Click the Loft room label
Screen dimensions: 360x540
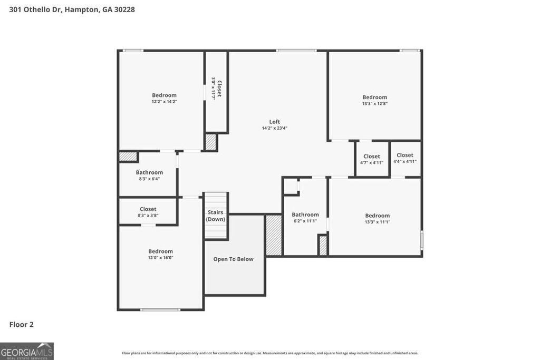tap(274, 122)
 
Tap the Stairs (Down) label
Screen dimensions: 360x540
tap(215, 216)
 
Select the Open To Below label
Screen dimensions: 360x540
tap(233, 259)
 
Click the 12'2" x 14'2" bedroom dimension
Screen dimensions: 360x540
tap(165, 102)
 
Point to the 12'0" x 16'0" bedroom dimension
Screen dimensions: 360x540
tap(160, 258)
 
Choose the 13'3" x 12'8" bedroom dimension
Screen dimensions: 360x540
tap(374, 103)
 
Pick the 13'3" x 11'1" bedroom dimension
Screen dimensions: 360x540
tap(378, 222)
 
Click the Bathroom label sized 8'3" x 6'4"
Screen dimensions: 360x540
tap(149, 172)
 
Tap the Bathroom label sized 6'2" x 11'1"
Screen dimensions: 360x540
tap(305, 215)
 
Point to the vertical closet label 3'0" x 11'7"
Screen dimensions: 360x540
tap(216, 89)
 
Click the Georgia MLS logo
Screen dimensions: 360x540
tap(27, 351)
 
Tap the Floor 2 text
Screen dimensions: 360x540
tap(22, 325)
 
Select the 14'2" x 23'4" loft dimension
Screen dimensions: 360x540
tap(274, 128)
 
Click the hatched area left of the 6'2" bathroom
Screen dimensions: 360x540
tap(274, 235)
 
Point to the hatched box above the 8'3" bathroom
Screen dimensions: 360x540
tap(128, 157)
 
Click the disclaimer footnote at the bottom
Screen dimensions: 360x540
tap(270, 353)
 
